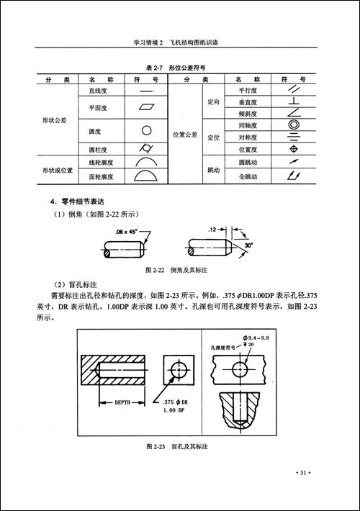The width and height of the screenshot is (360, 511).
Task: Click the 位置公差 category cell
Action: pyautogui.click(x=185, y=134)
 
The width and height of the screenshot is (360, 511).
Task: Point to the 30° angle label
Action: pyautogui.click(x=249, y=245)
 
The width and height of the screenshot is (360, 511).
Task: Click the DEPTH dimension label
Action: pyautogui.click(x=122, y=404)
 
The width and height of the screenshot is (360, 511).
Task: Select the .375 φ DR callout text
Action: pyautogui.click(x=179, y=402)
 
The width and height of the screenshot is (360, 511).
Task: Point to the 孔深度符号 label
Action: pyautogui.click(x=225, y=346)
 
